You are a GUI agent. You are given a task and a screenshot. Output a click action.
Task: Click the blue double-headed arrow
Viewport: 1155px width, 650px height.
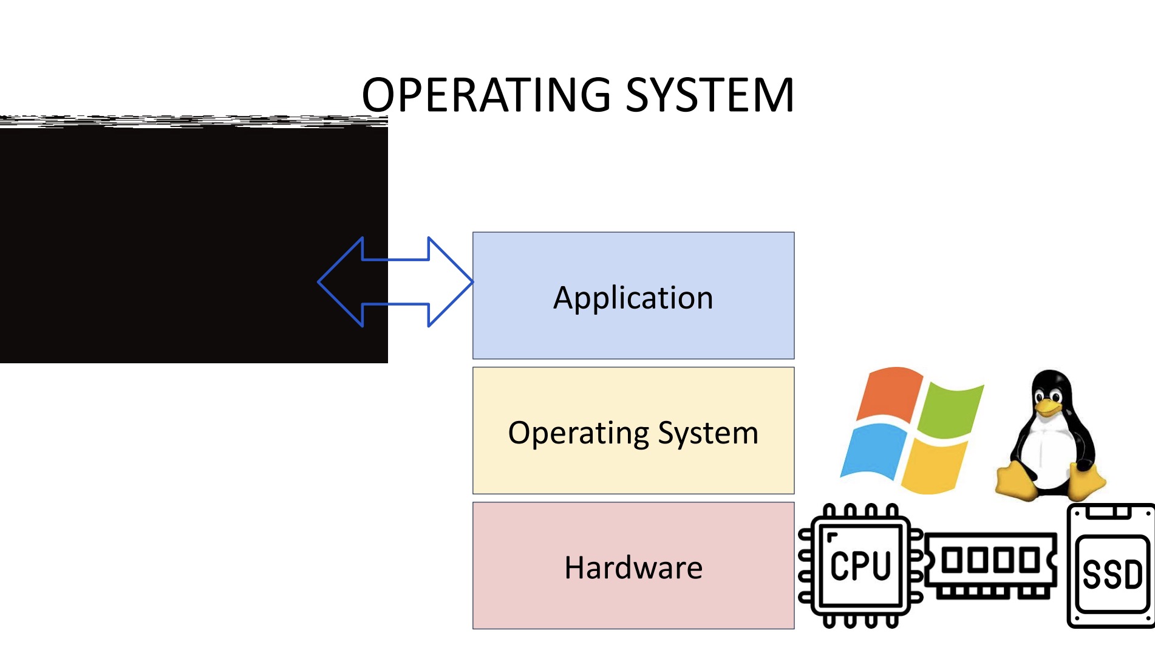pos(395,282)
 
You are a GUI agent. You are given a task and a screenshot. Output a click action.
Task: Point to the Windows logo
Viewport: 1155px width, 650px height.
pos(911,429)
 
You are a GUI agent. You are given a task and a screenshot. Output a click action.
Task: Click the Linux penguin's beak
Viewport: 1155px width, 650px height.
pos(1047,406)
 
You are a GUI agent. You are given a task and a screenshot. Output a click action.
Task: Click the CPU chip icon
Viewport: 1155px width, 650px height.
pos(860,566)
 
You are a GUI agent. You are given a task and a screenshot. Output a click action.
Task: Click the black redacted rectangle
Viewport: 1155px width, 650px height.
pos(182,243)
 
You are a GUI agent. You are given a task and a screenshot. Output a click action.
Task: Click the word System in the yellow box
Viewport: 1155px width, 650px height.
pos(708,433)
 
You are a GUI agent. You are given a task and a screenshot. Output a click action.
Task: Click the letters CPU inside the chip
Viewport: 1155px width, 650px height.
pos(860,566)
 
